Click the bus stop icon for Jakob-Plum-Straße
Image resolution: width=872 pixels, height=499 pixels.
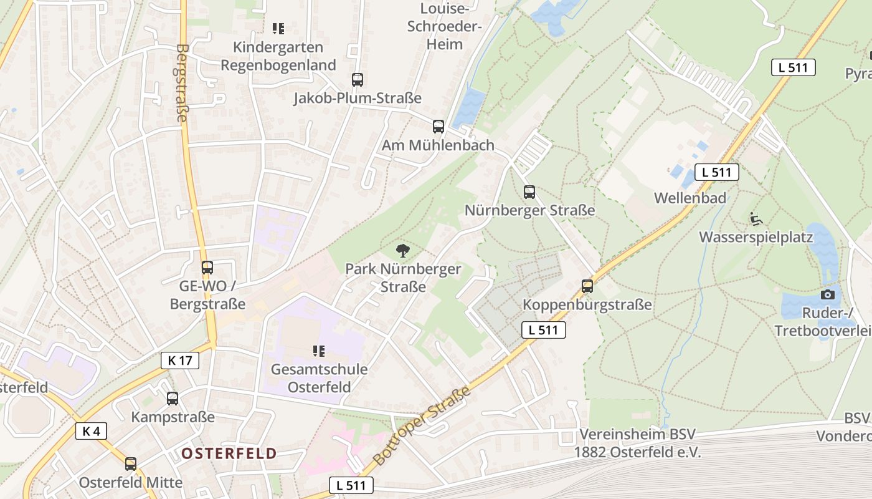pyautogui.click(x=357, y=80)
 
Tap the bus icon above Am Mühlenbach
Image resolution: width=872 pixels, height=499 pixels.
pyautogui.click(x=438, y=127)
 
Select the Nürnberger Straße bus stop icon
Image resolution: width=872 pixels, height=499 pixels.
pyautogui.click(x=529, y=192)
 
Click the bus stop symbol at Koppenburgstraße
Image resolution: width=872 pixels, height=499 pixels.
pyautogui.click(x=587, y=286)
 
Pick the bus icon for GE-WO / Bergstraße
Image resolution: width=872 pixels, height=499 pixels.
pyautogui.click(x=207, y=268)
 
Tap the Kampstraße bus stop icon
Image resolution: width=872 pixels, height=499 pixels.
pyautogui.click(x=173, y=398)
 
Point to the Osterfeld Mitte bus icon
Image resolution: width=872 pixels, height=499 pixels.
pyautogui.click(x=131, y=464)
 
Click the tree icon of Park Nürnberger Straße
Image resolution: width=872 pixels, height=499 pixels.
pyautogui.click(x=403, y=251)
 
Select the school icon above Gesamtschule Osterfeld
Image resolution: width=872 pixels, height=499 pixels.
pyautogui.click(x=319, y=351)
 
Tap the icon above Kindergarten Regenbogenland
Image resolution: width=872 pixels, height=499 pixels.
pyautogui.click(x=278, y=29)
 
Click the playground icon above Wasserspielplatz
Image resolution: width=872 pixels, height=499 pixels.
pyautogui.click(x=756, y=219)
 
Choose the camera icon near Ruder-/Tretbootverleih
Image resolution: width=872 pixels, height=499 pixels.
pyautogui.click(x=827, y=294)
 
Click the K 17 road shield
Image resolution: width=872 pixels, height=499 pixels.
pyautogui.click(x=180, y=360)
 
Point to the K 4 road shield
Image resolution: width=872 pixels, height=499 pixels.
pyautogui.click(x=91, y=430)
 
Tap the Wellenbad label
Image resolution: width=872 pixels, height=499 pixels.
pyautogui.click(x=690, y=198)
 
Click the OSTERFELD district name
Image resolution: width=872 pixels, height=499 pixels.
pyautogui.click(x=229, y=453)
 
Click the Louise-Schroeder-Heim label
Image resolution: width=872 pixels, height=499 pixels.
pyautogui.click(x=443, y=26)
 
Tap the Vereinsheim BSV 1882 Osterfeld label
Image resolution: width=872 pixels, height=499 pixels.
pyautogui.click(x=637, y=443)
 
